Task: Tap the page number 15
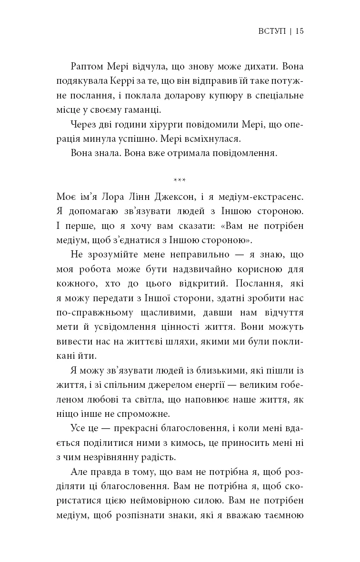(300, 31)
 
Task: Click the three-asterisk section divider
(180, 180)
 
